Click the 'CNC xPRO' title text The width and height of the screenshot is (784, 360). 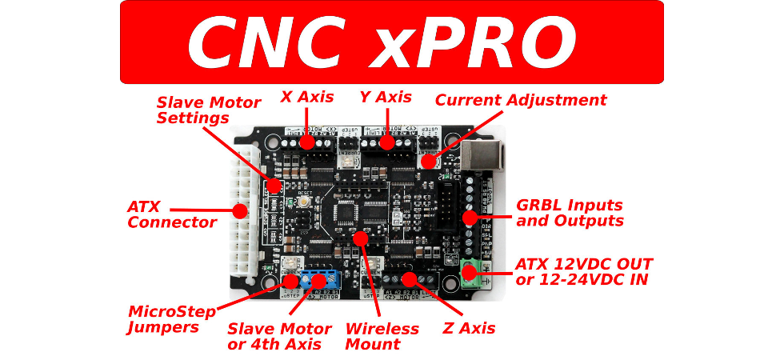point(382,42)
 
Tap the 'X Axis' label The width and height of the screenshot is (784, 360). point(306,98)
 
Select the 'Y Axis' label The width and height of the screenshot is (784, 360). point(386,98)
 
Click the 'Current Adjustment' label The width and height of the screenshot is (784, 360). point(521,100)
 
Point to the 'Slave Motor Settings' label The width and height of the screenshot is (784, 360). point(208,110)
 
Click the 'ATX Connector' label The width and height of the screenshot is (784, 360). point(171,214)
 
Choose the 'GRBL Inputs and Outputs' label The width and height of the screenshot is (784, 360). point(569,214)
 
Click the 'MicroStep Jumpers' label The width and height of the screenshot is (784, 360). point(171,319)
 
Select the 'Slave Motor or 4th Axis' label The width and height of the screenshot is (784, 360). point(279,337)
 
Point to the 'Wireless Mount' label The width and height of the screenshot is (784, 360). point(382,337)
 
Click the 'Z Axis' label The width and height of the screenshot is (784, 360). point(469,328)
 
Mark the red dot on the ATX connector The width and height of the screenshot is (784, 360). point(239,211)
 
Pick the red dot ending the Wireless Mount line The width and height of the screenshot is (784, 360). point(360,238)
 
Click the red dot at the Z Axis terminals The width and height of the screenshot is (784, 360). point(409,278)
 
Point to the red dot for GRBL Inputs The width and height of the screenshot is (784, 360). point(470,216)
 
